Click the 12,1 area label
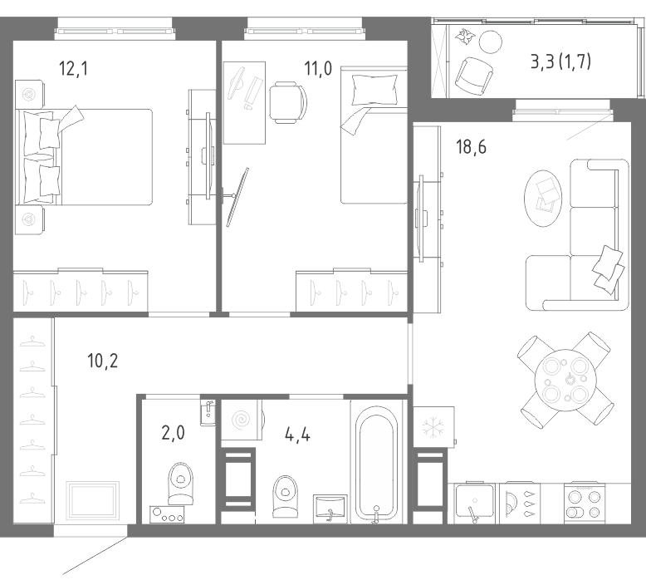click(73, 68)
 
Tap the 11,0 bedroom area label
click(318, 68)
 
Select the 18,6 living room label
click(471, 147)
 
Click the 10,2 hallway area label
click(103, 361)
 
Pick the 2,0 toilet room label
click(173, 433)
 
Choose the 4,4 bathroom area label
click(297, 435)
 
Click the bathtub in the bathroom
click(377, 464)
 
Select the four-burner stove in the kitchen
click(585, 504)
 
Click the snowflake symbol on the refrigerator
click(433, 427)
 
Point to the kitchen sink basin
click(475, 500)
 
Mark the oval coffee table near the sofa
click(543, 199)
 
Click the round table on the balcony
click(491, 42)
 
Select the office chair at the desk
click(288, 102)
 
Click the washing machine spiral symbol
click(242, 420)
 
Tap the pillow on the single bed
click(374, 90)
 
